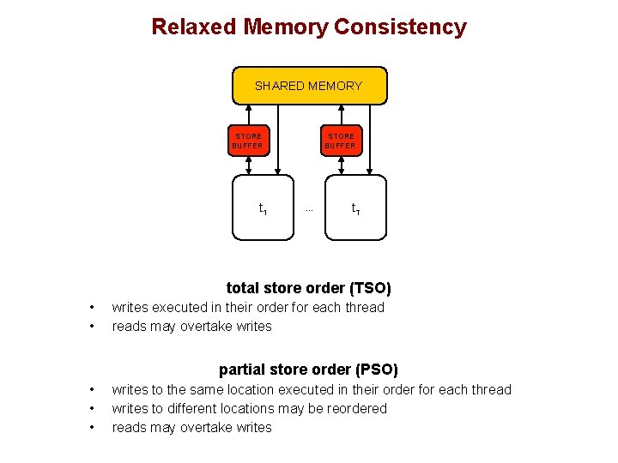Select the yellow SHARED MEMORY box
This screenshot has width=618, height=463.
[x=309, y=86]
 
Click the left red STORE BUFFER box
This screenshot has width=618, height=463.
[x=248, y=141]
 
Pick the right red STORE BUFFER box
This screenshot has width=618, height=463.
[x=341, y=141]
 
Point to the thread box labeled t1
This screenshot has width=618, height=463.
[x=263, y=207]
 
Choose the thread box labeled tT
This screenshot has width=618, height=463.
[x=355, y=207]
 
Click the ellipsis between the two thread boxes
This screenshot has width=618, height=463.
[x=309, y=208]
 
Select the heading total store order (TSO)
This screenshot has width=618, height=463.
[x=308, y=288]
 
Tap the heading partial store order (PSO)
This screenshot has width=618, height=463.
[x=308, y=370]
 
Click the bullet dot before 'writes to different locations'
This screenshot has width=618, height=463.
[x=91, y=409]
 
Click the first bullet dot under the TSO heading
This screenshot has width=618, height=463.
[x=91, y=308]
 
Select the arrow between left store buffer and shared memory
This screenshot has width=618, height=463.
[x=248, y=114]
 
